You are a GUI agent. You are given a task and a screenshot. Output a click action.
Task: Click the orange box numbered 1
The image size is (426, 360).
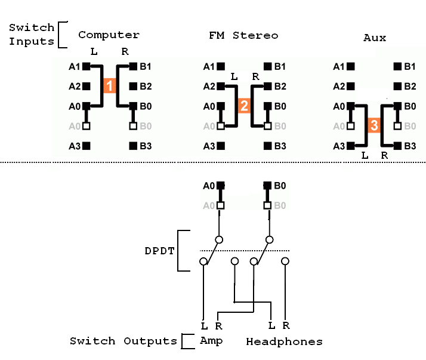pos(109,86)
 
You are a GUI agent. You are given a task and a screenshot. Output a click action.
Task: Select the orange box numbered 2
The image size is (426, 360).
pos(243,106)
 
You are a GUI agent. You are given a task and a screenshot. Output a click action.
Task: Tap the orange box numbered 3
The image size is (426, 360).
pos(373,126)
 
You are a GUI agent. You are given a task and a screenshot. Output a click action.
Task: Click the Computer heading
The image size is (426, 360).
pos(109,35)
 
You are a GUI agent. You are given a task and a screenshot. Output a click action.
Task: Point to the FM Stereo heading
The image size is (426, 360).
pos(243,35)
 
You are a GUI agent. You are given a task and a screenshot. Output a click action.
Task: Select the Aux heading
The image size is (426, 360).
pos(375,38)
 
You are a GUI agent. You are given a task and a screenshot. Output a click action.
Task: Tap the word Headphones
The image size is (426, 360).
pos(284,342)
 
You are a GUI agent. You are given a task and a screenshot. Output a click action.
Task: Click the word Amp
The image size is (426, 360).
pos(211,341)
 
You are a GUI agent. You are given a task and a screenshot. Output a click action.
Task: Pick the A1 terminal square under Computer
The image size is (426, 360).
pos(87,66)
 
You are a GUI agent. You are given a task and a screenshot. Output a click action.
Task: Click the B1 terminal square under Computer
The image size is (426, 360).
pos(133,66)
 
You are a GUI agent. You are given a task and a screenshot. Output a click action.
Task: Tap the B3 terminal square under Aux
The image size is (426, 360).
pos(397,145)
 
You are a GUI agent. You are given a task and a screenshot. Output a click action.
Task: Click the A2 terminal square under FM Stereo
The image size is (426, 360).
pos(221,86)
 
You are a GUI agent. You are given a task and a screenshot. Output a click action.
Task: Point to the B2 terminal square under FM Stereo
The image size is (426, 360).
pos(267,86)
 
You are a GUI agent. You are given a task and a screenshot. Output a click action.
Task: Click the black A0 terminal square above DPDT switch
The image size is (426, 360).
pos(221,186)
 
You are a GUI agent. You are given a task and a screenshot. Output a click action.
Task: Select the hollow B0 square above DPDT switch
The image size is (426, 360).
pos(267,205)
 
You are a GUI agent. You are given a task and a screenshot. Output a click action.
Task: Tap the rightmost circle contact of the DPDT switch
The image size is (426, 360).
pos(286,261)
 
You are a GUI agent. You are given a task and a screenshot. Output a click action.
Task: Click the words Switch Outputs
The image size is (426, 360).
pos(124,341)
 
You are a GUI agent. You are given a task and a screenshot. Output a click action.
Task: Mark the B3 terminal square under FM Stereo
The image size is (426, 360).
pos(267,145)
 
